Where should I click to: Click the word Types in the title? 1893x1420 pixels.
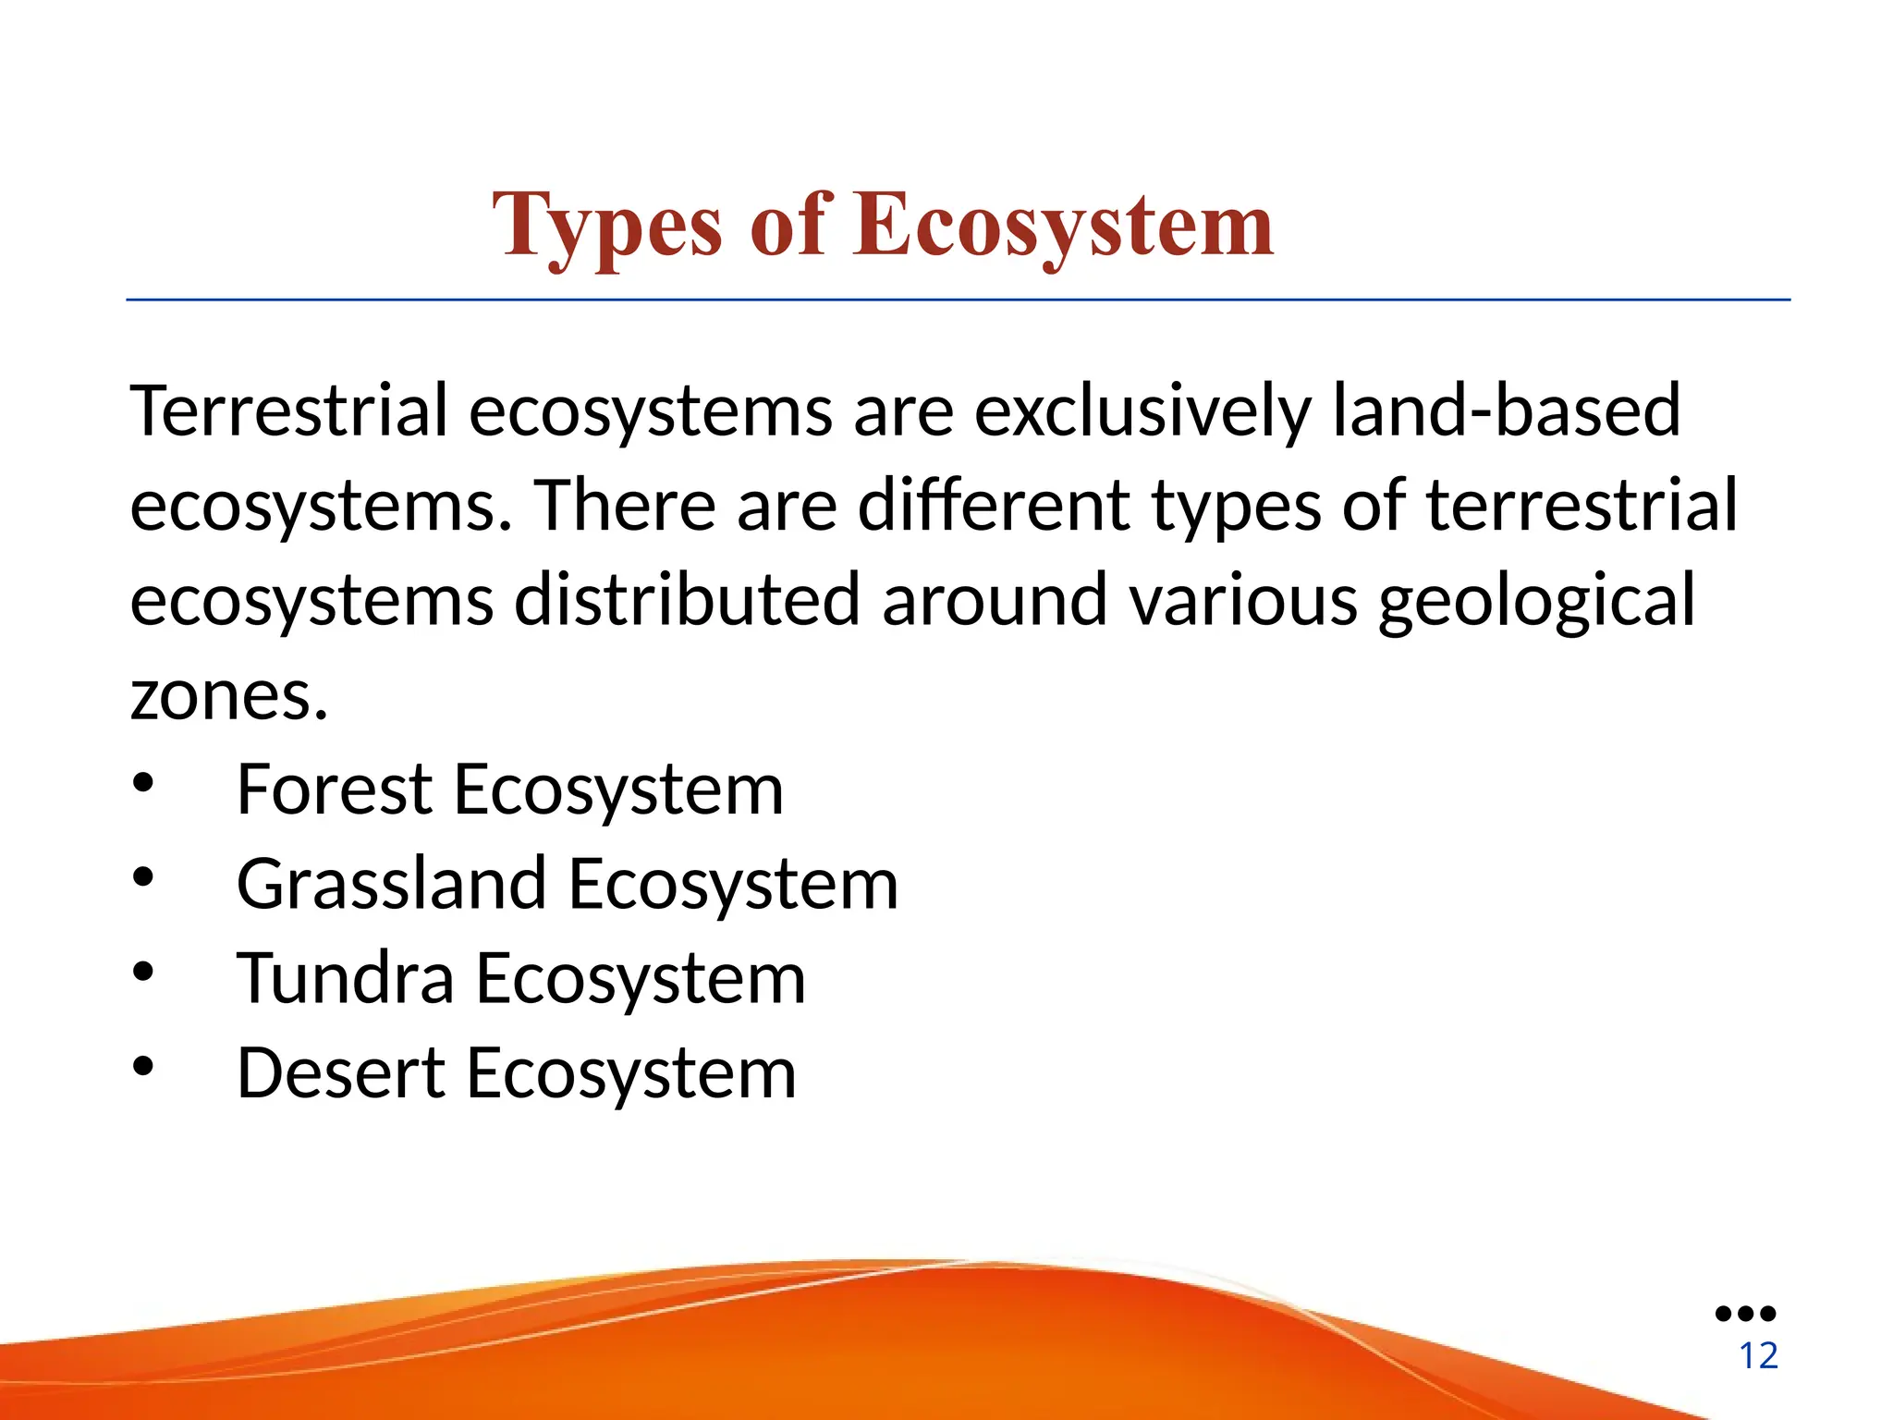tap(606, 226)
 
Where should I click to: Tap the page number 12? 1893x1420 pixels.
tap(1758, 1356)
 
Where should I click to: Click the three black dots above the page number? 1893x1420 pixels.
tap(1745, 1313)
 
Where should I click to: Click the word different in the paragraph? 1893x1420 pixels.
tap(994, 506)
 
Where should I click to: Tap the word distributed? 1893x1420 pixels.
tap(687, 600)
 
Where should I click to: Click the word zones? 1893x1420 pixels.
tap(228, 696)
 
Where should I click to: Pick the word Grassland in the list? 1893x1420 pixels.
tap(391, 884)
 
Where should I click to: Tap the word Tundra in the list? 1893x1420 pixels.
tap(345, 978)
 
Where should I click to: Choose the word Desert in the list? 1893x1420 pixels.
tap(341, 1072)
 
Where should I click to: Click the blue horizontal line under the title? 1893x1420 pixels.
tap(958, 300)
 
